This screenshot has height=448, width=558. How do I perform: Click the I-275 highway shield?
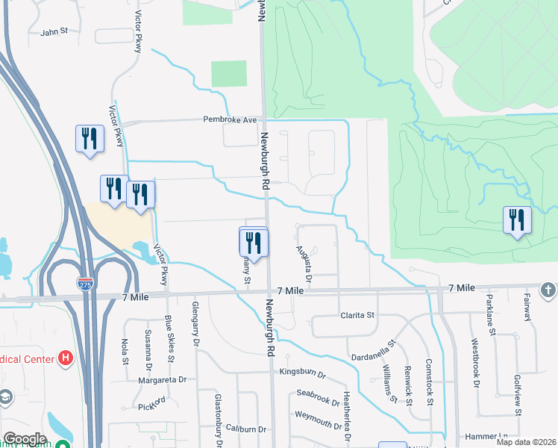[85, 283]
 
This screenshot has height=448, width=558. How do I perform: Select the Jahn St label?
[54, 32]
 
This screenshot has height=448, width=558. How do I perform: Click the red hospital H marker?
[66, 358]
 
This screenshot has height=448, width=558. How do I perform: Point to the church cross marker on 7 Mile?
[548, 289]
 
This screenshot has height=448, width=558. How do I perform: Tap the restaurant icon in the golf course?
[517, 220]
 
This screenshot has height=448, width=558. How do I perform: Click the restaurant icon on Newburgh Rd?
[253, 243]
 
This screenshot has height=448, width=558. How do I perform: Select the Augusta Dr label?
[302, 258]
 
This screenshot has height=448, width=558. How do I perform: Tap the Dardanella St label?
[376, 346]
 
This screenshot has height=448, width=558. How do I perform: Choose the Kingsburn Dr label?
[303, 373]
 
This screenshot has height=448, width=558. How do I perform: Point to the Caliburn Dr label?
[245, 429]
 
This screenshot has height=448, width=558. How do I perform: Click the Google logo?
[25, 439]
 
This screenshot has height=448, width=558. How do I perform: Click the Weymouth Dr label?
[318, 414]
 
